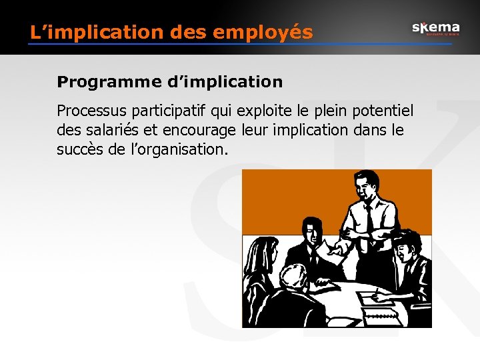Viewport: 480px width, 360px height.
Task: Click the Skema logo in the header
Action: click(x=435, y=28)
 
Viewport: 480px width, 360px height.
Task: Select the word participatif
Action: click(x=162, y=110)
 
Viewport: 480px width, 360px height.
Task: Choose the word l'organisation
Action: click(x=179, y=150)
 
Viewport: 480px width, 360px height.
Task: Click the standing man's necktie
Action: click(x=368, y=220)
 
